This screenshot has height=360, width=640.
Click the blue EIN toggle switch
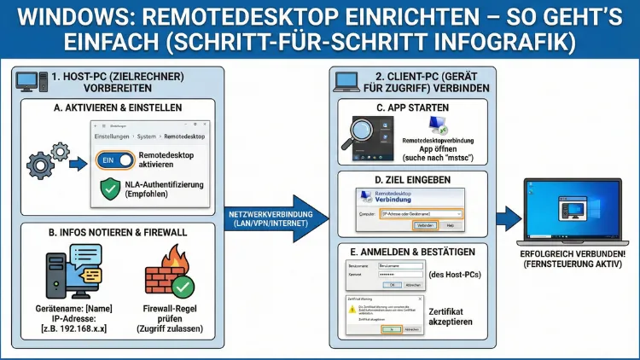point(117,160)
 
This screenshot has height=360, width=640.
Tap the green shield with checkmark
point(111,189)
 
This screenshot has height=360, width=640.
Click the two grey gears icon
point(48,159)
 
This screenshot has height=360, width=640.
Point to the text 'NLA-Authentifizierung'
point(169,184)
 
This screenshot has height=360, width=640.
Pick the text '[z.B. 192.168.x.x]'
point(74,328)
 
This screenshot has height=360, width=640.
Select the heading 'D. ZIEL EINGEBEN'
point(412,180)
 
